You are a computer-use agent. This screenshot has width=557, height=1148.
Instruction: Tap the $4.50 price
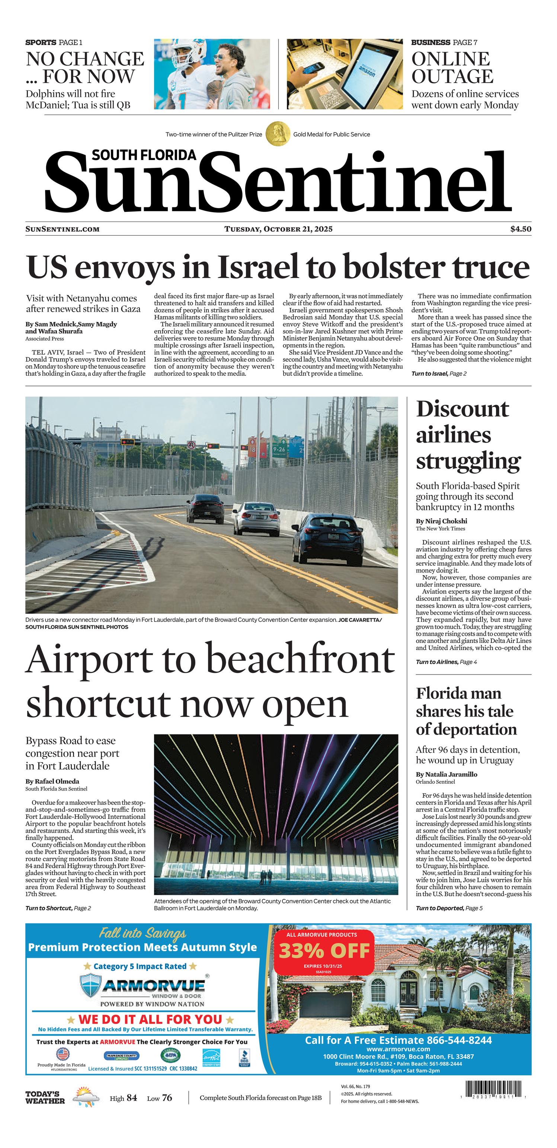tap(521, 229)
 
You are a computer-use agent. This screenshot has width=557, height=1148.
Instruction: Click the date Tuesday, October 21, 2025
tap(278, 229)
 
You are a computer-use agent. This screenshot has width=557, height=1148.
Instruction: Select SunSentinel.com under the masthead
tap(63, 229)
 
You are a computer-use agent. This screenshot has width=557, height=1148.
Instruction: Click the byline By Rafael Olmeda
tap(52, 781)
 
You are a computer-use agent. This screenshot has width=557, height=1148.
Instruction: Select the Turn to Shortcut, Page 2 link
tap(58, 908)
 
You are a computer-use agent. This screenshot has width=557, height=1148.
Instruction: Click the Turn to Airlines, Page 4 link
tap(446, 662)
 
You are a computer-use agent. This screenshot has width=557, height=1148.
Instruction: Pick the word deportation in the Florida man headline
tap(466, 730)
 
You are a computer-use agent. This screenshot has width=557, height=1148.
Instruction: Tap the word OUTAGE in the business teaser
tap(452, 77)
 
